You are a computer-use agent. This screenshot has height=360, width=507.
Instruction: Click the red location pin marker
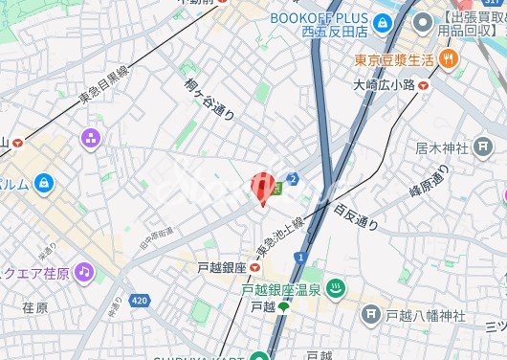[x=262, y=188]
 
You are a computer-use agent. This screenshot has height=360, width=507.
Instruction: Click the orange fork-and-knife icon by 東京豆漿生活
[x=451, y=60]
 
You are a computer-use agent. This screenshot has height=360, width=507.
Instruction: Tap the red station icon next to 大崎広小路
[x=423, y=84]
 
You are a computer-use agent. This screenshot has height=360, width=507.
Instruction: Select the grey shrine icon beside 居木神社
[x=483, y=148]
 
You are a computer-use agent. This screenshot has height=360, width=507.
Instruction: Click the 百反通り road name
[x=356, y=216]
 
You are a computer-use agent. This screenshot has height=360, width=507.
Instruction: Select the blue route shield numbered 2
[x=293, y=178]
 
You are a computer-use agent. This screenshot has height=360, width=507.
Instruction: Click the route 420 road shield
[x=140, y=301]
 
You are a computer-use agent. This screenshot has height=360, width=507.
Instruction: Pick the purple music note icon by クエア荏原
[x=83, y=271]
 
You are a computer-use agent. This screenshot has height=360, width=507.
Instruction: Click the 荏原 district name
[x=34, y=308]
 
